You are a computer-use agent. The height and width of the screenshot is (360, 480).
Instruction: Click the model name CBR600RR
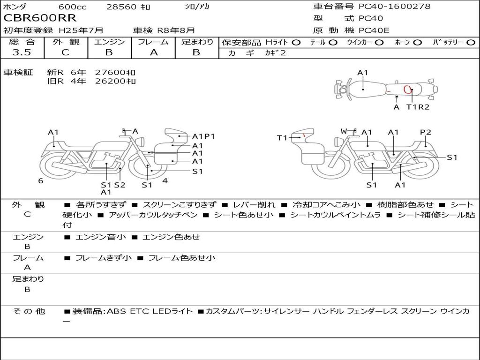(40, 18)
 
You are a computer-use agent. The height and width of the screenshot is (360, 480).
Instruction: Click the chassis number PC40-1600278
(394, 6)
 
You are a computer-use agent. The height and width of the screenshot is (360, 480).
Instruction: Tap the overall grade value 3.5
(22, 52)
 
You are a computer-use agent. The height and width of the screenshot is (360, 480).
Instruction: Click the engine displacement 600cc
(73, 7)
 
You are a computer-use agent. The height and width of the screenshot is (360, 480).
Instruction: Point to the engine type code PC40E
(374, 30)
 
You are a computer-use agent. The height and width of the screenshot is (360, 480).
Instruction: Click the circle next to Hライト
(296, 43)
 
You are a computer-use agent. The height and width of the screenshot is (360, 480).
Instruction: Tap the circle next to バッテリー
(471, 43)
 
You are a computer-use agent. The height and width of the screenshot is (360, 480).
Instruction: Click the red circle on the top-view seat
(407, 90)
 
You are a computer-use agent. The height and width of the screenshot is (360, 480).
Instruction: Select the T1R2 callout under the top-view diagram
(418, 107)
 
